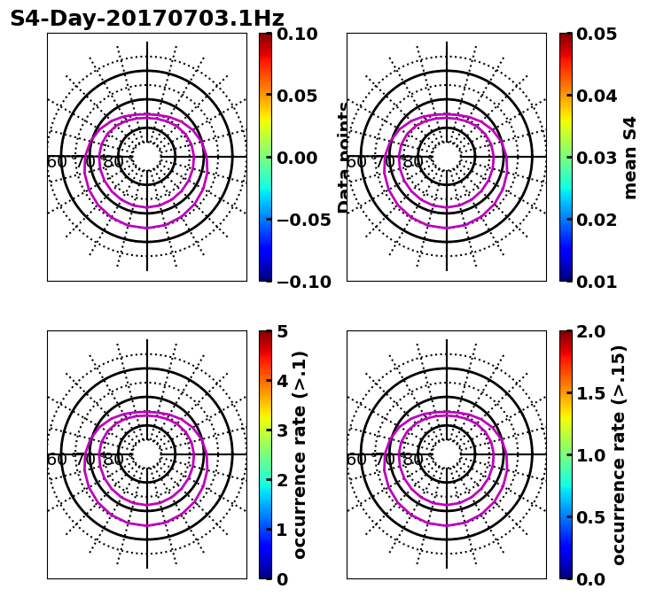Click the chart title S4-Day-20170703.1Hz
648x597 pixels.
click(147, 19)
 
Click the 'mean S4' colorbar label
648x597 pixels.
click(630, 158)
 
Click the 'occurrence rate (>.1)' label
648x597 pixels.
click(300, 455)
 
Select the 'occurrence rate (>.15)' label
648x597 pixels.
click(619, 455)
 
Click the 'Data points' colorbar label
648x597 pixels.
click(344, 158)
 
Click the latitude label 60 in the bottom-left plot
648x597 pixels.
click(56, 460)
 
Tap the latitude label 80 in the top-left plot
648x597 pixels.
click(113, 162)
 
